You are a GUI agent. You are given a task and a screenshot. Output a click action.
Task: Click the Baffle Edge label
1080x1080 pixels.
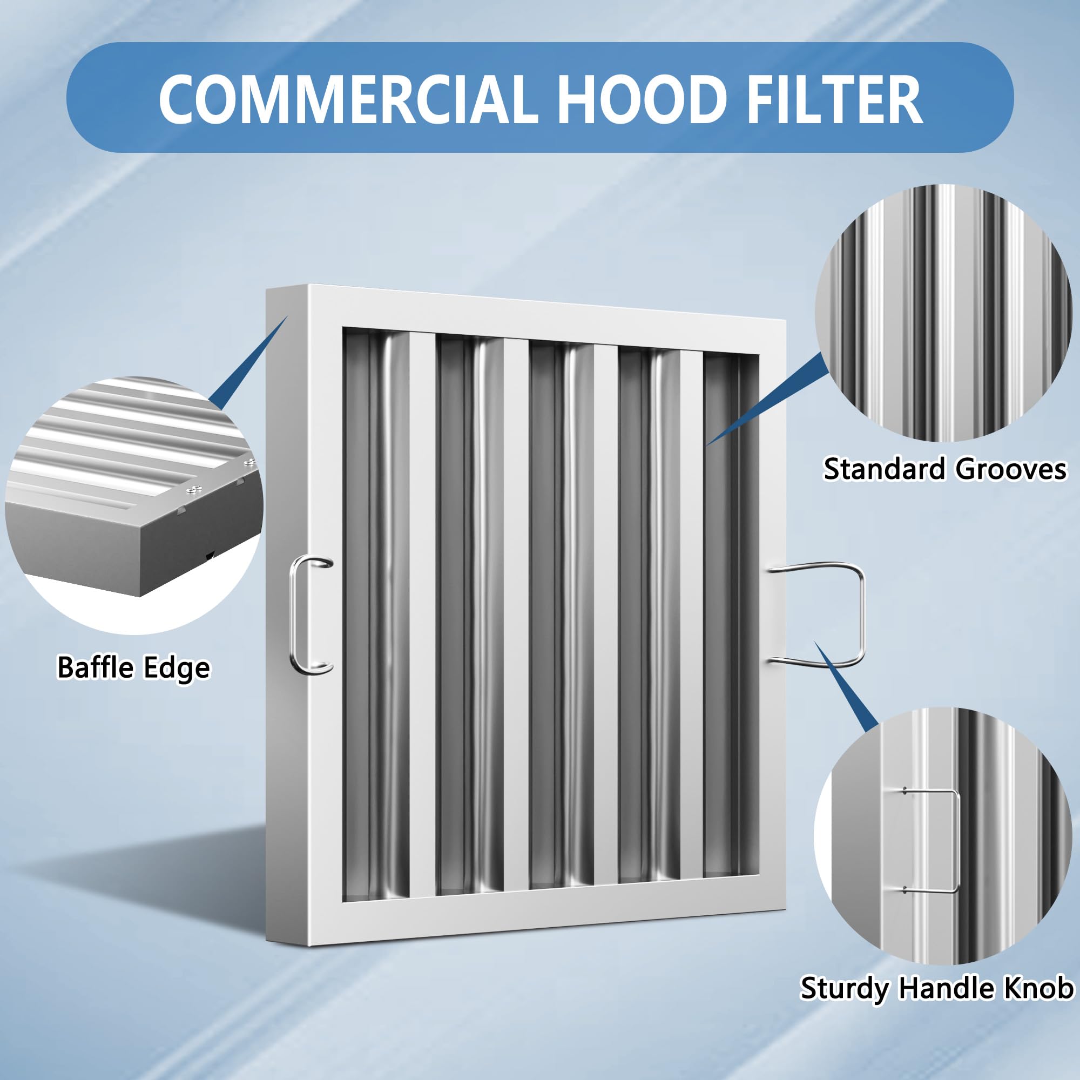click(133, 667)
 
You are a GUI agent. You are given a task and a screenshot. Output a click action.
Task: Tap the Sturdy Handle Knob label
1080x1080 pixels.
click(937, 988)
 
